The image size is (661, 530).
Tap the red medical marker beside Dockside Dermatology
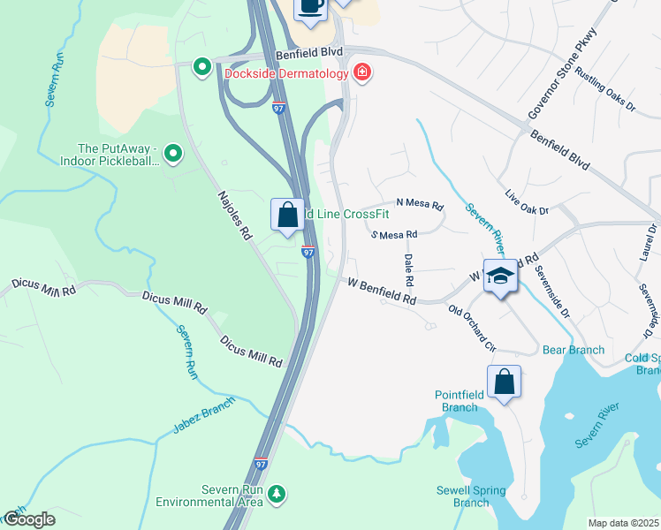361,72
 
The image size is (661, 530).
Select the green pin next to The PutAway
174,155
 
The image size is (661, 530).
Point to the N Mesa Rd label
419,204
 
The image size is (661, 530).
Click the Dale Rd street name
408,269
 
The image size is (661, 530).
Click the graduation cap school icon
500,276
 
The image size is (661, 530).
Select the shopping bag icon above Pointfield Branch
504,382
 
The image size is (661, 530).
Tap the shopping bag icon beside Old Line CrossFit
288,215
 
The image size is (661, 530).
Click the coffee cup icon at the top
310,6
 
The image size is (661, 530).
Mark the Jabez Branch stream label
204,417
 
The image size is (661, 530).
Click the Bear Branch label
574,350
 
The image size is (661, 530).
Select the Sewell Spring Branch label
471,496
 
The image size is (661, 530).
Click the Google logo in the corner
28,520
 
